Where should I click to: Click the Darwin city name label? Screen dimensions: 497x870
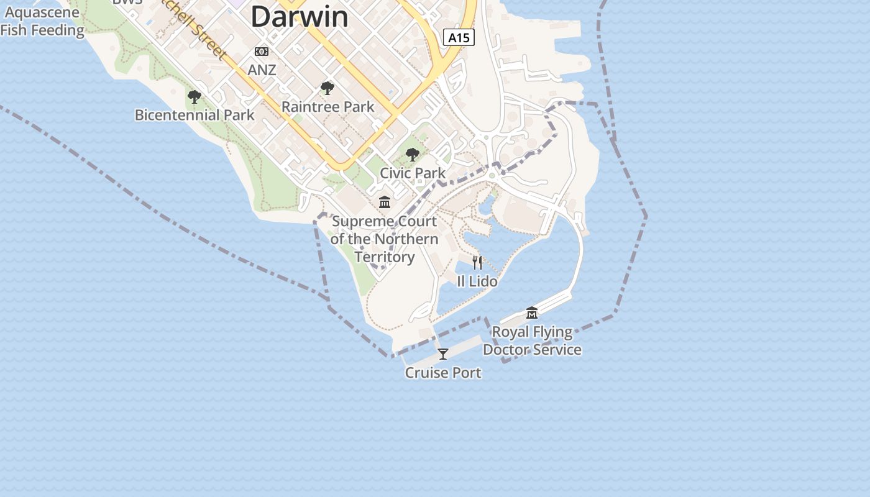click(x=300, y=16)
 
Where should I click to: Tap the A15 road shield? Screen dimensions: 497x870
click(x=459, y=37)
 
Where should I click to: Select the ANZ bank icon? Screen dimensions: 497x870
click(x=262, y=52)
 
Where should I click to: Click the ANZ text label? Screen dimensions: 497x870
click(x=262, y=70)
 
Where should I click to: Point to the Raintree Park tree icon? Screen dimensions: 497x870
click(x=327, y=88)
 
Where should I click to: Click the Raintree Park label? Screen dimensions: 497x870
click(x=328, y=107)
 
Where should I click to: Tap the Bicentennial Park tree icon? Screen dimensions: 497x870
click(x=195, y=96)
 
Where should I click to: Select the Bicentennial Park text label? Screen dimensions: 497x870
click(x=195, y=115)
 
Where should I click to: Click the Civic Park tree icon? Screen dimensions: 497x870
click(x=413, y=155)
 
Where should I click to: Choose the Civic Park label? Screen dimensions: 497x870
click(x=413, y=173)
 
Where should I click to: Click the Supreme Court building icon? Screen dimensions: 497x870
click(x=385, y=203)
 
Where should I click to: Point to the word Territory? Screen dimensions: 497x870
click(x=385, y=257)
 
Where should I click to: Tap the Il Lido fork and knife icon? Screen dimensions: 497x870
click(x=477, y=263)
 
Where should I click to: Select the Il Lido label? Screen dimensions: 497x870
click(x=477, y=281)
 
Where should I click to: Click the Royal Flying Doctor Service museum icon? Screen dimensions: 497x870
click(x=532, y=312)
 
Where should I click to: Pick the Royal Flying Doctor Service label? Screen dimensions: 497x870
click(x=532, y=340)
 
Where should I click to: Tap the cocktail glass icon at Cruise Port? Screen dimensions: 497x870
click(x=443, y=354)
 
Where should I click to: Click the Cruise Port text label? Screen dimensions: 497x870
click(x=443, y=373)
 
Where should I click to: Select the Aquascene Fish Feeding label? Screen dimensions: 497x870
click(x=42, y=21)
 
